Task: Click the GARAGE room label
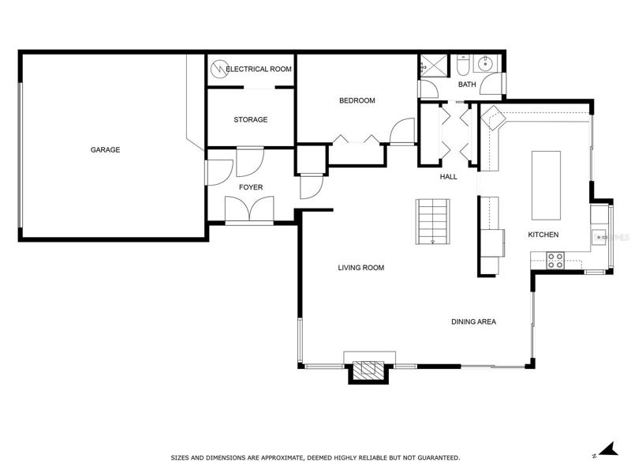click(x=105, y=150)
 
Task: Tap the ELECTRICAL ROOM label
click(x=259, y=69)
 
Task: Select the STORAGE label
click(x=251, y=120)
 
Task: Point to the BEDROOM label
click(x=357, y=100)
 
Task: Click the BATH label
click(x=467, y=85)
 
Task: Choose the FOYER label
click(x=251, y=187)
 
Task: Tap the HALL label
click(x=448, y=177)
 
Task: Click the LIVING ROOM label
click(x=361, y=268)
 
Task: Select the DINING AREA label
click(x=474, y=322)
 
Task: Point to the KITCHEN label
click(x=543, y=235)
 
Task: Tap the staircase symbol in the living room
click(x=432, y=221)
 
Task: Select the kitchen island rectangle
click(x=546, y=186)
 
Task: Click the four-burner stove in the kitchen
click(x=555, y=261)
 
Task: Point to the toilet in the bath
click(x=462, y=66)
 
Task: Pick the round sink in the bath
click(x=486, y=63)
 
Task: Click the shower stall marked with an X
click(x=434, y=66)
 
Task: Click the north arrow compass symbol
click(x=606, y=450)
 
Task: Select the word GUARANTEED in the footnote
click(x=439, y=458)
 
